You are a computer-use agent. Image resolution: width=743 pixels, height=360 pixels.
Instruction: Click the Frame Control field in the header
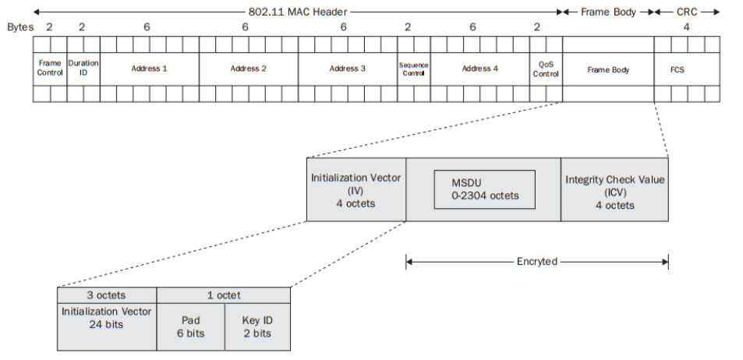50,69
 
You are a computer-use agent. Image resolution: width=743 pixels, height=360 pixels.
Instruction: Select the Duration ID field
83,69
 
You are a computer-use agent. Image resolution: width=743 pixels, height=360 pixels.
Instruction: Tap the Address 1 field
150,69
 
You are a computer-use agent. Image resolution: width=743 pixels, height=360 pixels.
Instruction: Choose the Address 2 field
249,69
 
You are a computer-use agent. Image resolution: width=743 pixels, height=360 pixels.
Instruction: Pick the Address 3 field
348,69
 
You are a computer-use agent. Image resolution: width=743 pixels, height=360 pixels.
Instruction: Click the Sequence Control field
413,69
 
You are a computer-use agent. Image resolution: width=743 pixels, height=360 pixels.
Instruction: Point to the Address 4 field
479,69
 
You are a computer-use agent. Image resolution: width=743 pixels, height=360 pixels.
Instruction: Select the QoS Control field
546,69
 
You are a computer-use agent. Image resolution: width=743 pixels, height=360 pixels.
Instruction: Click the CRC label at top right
687,12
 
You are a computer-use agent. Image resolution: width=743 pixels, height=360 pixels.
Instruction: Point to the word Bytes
21,26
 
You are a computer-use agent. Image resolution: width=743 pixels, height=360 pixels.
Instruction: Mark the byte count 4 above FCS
687,26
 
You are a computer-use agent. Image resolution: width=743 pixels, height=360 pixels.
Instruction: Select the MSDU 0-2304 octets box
484,189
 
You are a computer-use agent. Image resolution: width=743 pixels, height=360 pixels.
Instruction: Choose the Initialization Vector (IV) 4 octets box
356,189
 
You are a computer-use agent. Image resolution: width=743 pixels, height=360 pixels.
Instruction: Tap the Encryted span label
537,262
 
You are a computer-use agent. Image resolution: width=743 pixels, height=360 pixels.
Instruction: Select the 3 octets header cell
107,295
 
